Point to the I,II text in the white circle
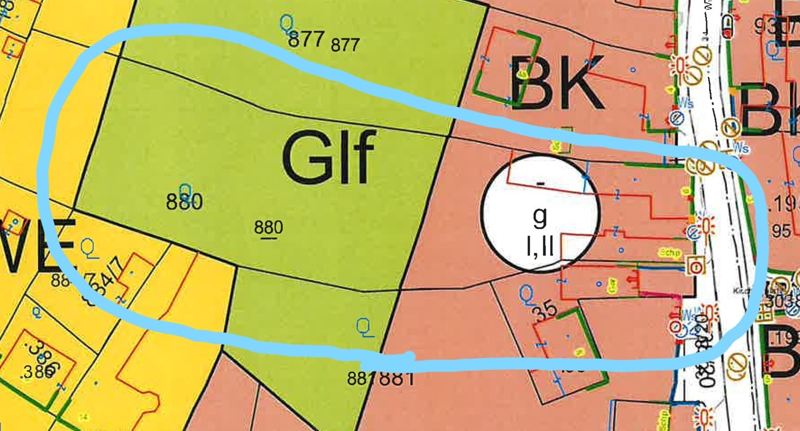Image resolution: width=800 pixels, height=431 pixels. (x=540, y=246)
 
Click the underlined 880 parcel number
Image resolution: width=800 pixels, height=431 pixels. (x=268, y=227)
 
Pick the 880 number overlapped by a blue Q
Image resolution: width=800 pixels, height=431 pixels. (x=184, y=201)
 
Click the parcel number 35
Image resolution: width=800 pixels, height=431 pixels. (x=545, y=311)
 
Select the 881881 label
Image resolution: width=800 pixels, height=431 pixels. (x=380, y=378)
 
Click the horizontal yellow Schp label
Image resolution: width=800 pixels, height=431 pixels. (x=669, y=253)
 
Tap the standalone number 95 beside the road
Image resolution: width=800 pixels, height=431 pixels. (x=781, y=231)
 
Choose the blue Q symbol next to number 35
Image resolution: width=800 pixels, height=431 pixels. (x=526, y=294)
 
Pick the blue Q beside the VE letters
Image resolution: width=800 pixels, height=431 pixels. (x=89, y=248)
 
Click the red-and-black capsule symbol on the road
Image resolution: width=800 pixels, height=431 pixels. (x=727, y=27)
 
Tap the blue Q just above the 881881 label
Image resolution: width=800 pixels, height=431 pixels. (x=364, y=327)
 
